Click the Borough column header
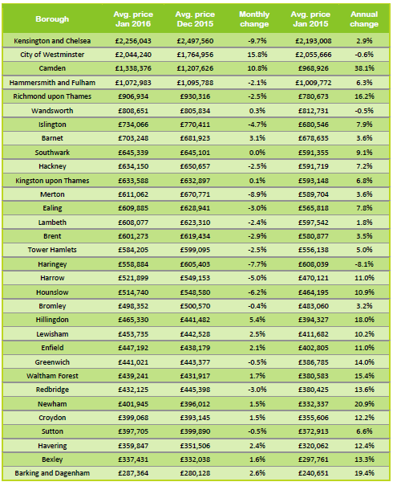tap(52, 19)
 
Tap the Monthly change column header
tap(254, 19)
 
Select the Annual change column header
tap(364, 19)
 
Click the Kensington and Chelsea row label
tap(52, 41)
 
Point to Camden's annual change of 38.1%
tap(364, 68)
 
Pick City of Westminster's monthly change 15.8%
tap(257, 55)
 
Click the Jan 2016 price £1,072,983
tap(133, 83)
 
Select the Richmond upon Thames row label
tap(52, 96)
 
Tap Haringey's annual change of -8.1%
tap(364, 264)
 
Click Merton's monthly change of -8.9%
tap(257, 194)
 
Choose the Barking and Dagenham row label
tap(52, 473)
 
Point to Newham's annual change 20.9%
tap(364, 404)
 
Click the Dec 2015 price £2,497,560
tap(195, 41)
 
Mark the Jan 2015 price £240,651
tap(313, 473)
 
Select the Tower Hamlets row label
tap(52, 250)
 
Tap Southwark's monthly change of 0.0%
tap(257, 153)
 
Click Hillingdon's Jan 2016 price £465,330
tap(133, 320)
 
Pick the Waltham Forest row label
tap(52, 376)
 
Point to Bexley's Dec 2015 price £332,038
tap(195, 459)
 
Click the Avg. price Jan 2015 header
tap(310, 19)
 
